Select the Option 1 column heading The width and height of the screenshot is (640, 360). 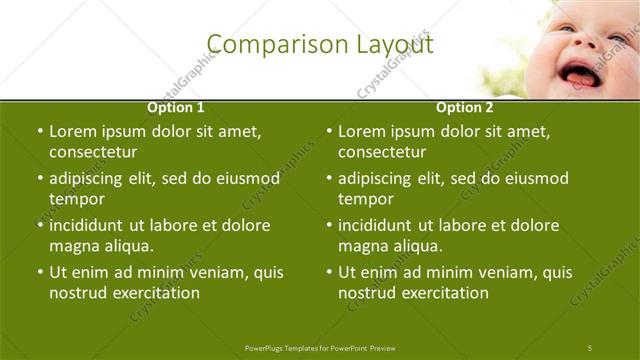176,107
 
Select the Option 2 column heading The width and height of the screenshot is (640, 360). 464,107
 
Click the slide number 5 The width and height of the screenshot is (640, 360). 590,347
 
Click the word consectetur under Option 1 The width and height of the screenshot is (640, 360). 93,153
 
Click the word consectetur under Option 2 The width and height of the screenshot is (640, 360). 382,153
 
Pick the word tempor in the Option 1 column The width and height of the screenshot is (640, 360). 76,199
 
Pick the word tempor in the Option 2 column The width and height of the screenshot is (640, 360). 365,199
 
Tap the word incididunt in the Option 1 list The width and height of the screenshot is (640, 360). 87,225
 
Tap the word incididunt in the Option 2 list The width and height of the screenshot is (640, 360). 376,225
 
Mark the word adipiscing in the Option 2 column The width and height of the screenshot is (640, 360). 375,178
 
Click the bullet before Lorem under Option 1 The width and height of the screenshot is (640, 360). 39,131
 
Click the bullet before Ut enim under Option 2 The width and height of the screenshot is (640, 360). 328,272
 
